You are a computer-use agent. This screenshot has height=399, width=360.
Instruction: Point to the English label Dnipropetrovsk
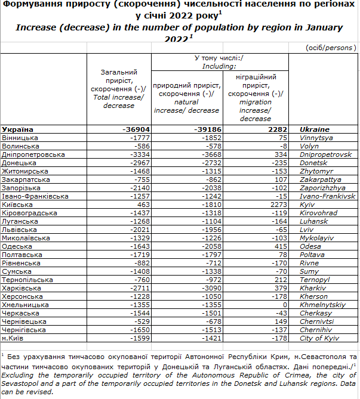pos(325,154)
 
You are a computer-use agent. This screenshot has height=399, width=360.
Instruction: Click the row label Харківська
pos(22,288)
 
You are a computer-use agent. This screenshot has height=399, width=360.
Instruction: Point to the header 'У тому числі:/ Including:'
pos(220,62)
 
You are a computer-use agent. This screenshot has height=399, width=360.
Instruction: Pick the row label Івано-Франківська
pos(35,196)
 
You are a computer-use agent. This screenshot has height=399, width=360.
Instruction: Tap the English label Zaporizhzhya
pos(323,188)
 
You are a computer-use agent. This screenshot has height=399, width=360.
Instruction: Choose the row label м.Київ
pos(15,338)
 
